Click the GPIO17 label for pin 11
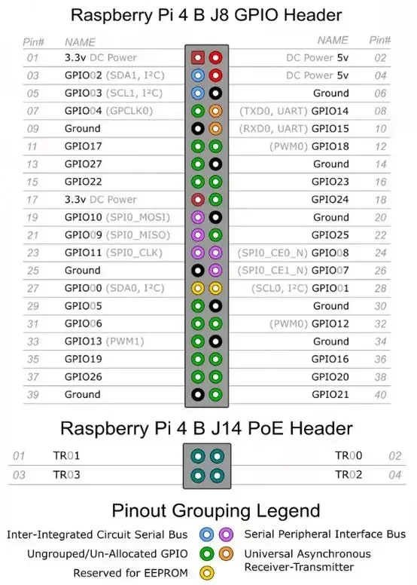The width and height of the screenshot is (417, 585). coord(83,146)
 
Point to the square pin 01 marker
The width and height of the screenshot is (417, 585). coord(198,57)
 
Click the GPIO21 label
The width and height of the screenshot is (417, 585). coord(330,394)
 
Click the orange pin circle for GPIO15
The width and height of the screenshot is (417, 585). coord(216,128)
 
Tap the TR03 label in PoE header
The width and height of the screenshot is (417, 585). coord(66,475)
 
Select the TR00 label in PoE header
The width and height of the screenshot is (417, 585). coord(349,456)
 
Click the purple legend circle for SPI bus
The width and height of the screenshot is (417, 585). coord(226,534)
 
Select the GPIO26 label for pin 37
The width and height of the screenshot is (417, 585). coord(83,377)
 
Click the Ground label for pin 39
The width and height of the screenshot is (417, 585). coord(82,394)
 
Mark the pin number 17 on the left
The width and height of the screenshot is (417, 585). coord(32,200)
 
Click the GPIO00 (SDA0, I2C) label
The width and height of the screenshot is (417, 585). coord(114,288)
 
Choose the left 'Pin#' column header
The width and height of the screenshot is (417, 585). coord(34,41)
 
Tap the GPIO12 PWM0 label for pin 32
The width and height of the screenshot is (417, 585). coord(309,323)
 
